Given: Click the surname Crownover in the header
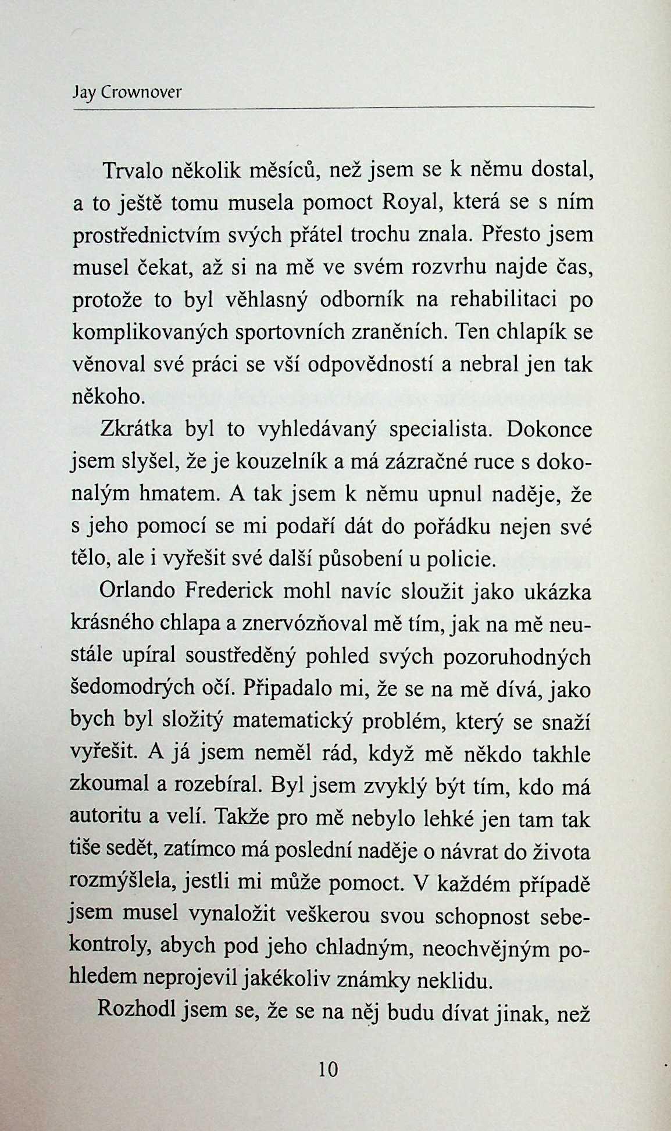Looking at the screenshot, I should (x=141, y=93).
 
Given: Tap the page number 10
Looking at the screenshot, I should (x=328, y=1069).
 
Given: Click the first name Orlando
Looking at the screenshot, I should (x=138, y=591).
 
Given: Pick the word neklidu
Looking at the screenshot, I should (x=462, y=982).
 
